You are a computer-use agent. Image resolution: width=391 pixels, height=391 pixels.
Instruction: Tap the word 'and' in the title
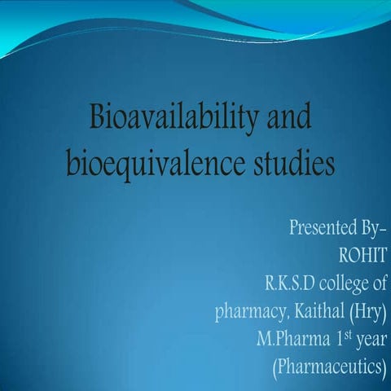pyautogui.click(x=287, y=120)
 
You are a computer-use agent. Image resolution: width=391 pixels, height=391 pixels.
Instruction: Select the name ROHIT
pyautogui.click(x=362, y=254)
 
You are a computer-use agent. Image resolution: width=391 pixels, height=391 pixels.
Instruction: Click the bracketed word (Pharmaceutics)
pyautogui.click(x=328, y=367)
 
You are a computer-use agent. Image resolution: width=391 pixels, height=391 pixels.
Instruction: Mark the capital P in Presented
pyautogui.click(x=294, y=226)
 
